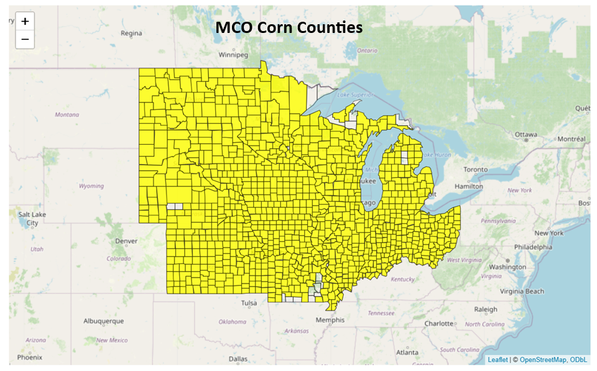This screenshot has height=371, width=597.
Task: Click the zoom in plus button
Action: pyautogui.click(x=25, y=21)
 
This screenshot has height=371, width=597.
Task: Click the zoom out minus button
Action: pyautogui.click(x=25, y=39)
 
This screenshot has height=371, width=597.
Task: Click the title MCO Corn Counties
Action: pyautogui.click(x=289, y=27)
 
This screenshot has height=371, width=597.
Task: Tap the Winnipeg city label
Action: pyautogui.click(x=233, y=55)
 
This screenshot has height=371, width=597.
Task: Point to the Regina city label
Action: pyautogui.click(x=131, y=33)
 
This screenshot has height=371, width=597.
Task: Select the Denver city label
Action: pyautogui.click(x=126, y=240)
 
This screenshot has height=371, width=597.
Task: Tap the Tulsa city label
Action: pyautogui.click(x=249, y=303)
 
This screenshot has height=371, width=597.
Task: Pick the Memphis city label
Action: pyautogui.click(x=330, y=320)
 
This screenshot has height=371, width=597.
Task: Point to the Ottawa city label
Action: pyautogui.click(x=525, y=134)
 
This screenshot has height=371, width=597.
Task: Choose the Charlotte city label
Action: pyautogui.click(x=439, y=323)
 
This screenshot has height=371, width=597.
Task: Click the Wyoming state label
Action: pyautogui.click(x=91, y=186)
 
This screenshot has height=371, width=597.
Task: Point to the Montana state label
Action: pyautogui.click(x=67, y=114)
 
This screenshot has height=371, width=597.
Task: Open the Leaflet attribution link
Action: pyautogui.click(x=497, y=360)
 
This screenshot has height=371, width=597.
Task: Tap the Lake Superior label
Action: pyautogui.click(x=356, y=94)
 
